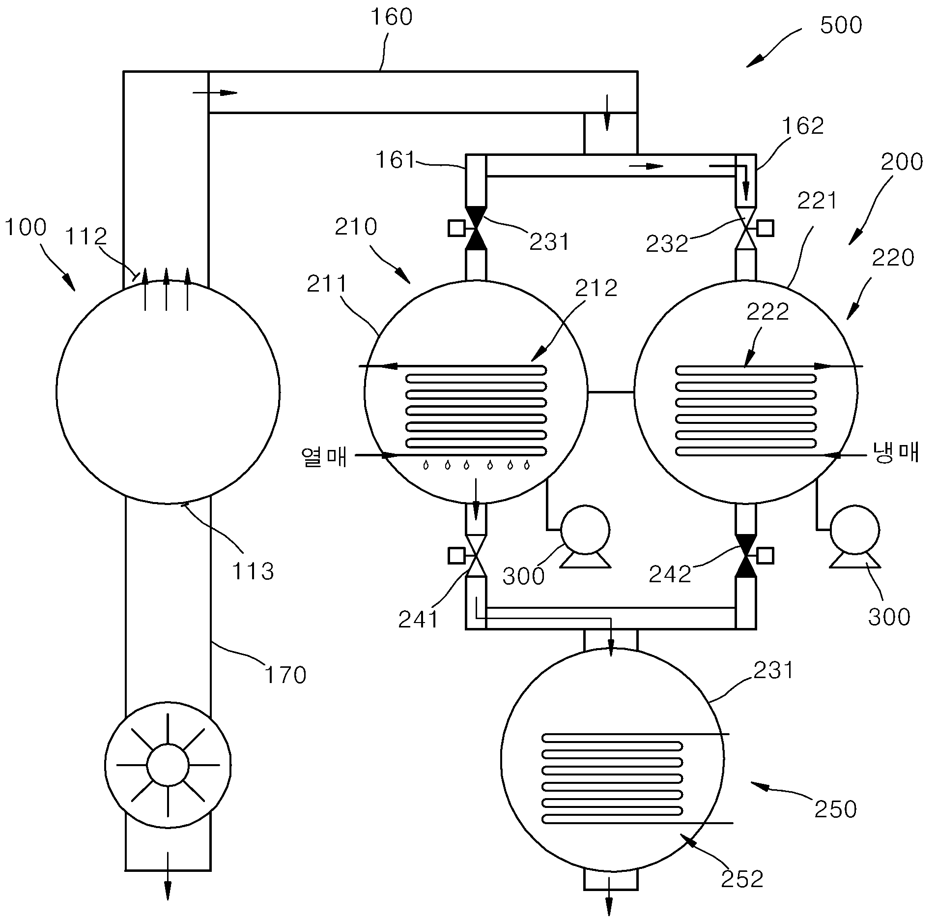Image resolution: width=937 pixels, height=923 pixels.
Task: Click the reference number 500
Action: pyautogui.click(x=841, y=25)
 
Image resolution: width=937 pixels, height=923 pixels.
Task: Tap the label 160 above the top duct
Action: pyautogui.click(x=391, y=17)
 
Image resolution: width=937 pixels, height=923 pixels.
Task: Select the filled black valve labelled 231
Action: pyautogui.click(x=476, y=228)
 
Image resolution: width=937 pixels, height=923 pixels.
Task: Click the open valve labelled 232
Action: pyautogui.click(x=745, y=228)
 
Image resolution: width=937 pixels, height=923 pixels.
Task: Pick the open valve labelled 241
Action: pyautogui.click(x=476, y=556)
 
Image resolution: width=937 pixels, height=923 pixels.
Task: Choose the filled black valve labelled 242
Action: pyautogui.click(x=745, y=556)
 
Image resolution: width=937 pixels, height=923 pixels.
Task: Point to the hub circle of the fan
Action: pyautogui.click(x=168, y=765)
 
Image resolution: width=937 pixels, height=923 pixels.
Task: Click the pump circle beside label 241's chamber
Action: pyautogui.click(x=585, y=530)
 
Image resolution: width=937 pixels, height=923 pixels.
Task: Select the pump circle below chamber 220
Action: pyautogui.click(x=854, y=530)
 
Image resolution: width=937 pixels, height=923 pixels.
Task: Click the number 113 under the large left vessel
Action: pyautogui.click(x=253, y=571)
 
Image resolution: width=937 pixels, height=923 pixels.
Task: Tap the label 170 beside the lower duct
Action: pyautogui.click(x=285, y=675)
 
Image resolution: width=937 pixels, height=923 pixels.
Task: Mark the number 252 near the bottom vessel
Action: pyautogui.click(x=742, y=879)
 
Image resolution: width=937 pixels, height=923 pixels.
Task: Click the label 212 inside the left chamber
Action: pyautogui.click(x=596, y=288)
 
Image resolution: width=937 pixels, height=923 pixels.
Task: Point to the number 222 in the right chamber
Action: pyautogui.click(x=767, y=311)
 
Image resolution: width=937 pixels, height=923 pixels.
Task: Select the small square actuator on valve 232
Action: pyautogui.click(x=766, y=228)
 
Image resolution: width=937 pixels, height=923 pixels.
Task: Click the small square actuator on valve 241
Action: pyautogui.click(x=456, y=556)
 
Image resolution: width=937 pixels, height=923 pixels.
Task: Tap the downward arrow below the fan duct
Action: pyautogui.click(x=168, y=882)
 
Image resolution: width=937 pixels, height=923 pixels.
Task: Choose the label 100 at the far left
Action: pyautogui.click(x=26, y=227)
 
